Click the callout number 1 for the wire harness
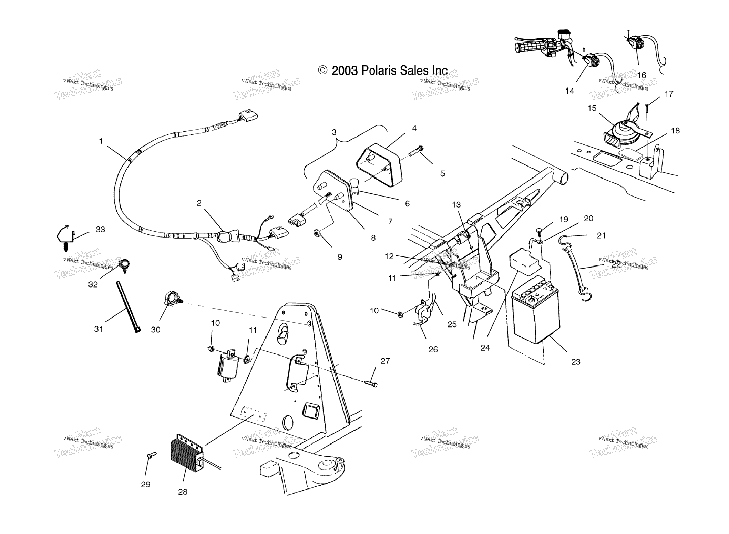[101, 141]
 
